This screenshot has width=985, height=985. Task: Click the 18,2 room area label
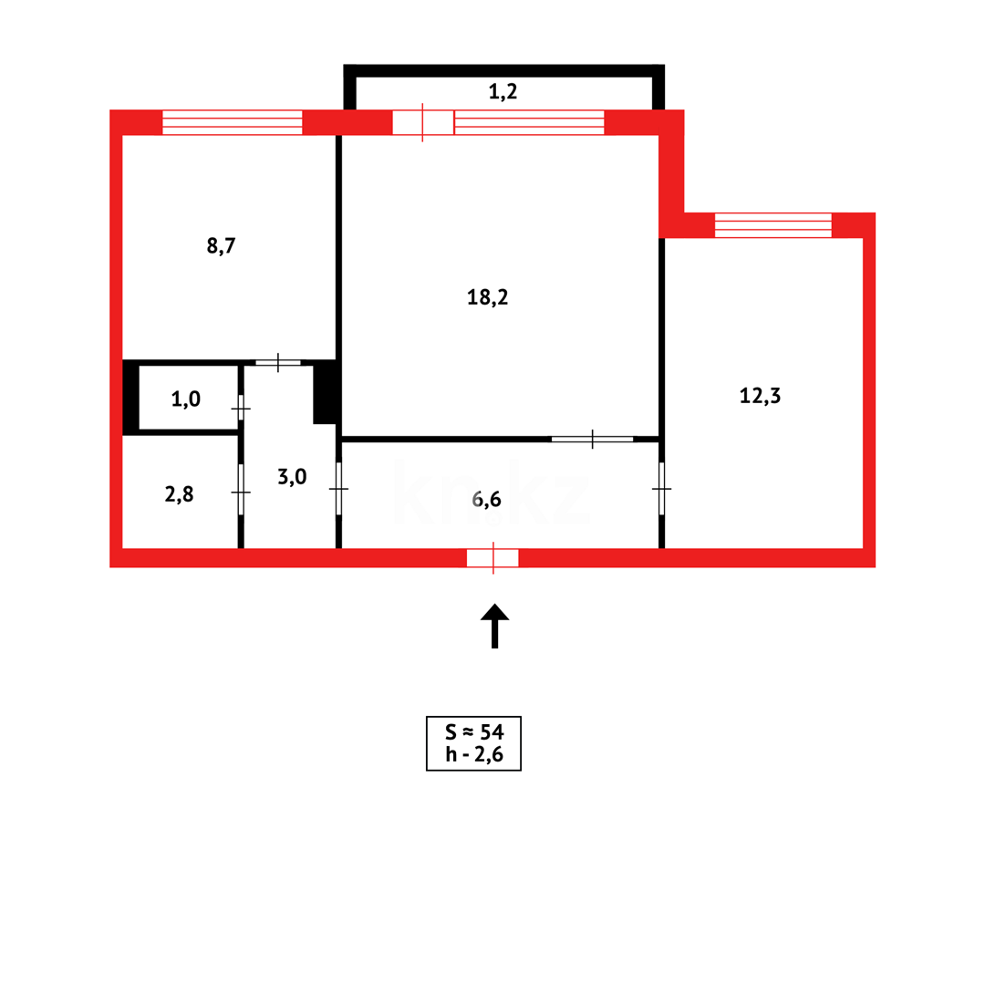[x=487, y=297]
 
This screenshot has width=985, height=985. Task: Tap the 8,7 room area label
[x=222, y=245]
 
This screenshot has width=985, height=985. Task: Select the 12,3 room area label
[x=760, y=396]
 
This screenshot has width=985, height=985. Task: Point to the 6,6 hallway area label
[x=487, y=499]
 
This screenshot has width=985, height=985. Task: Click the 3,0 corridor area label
[x=292, y=476]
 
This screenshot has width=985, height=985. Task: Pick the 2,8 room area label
[x=180, y=494]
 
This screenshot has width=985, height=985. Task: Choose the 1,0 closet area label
[x=186, y=399]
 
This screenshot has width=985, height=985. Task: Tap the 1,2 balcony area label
[x=503, y=91]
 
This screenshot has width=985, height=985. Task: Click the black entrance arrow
[x=494, y=625]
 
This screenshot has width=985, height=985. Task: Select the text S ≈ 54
[x=473, y=731]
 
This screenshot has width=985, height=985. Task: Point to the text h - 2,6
[x=473, y=754]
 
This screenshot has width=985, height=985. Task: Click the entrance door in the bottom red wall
[x=493, y=557]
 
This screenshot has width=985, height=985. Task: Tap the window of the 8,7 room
[x=232, y=122]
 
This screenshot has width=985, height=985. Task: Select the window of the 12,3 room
[x=772, y=225]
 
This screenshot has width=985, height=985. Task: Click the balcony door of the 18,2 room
[x=423, y=122]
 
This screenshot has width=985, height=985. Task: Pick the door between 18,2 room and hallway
[x=592, y=440]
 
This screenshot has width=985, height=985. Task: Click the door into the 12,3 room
[x=661, y=489]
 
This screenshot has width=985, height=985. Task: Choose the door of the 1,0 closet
[x=241, y=409]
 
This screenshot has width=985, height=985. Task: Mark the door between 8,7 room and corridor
[x=277, y=363]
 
